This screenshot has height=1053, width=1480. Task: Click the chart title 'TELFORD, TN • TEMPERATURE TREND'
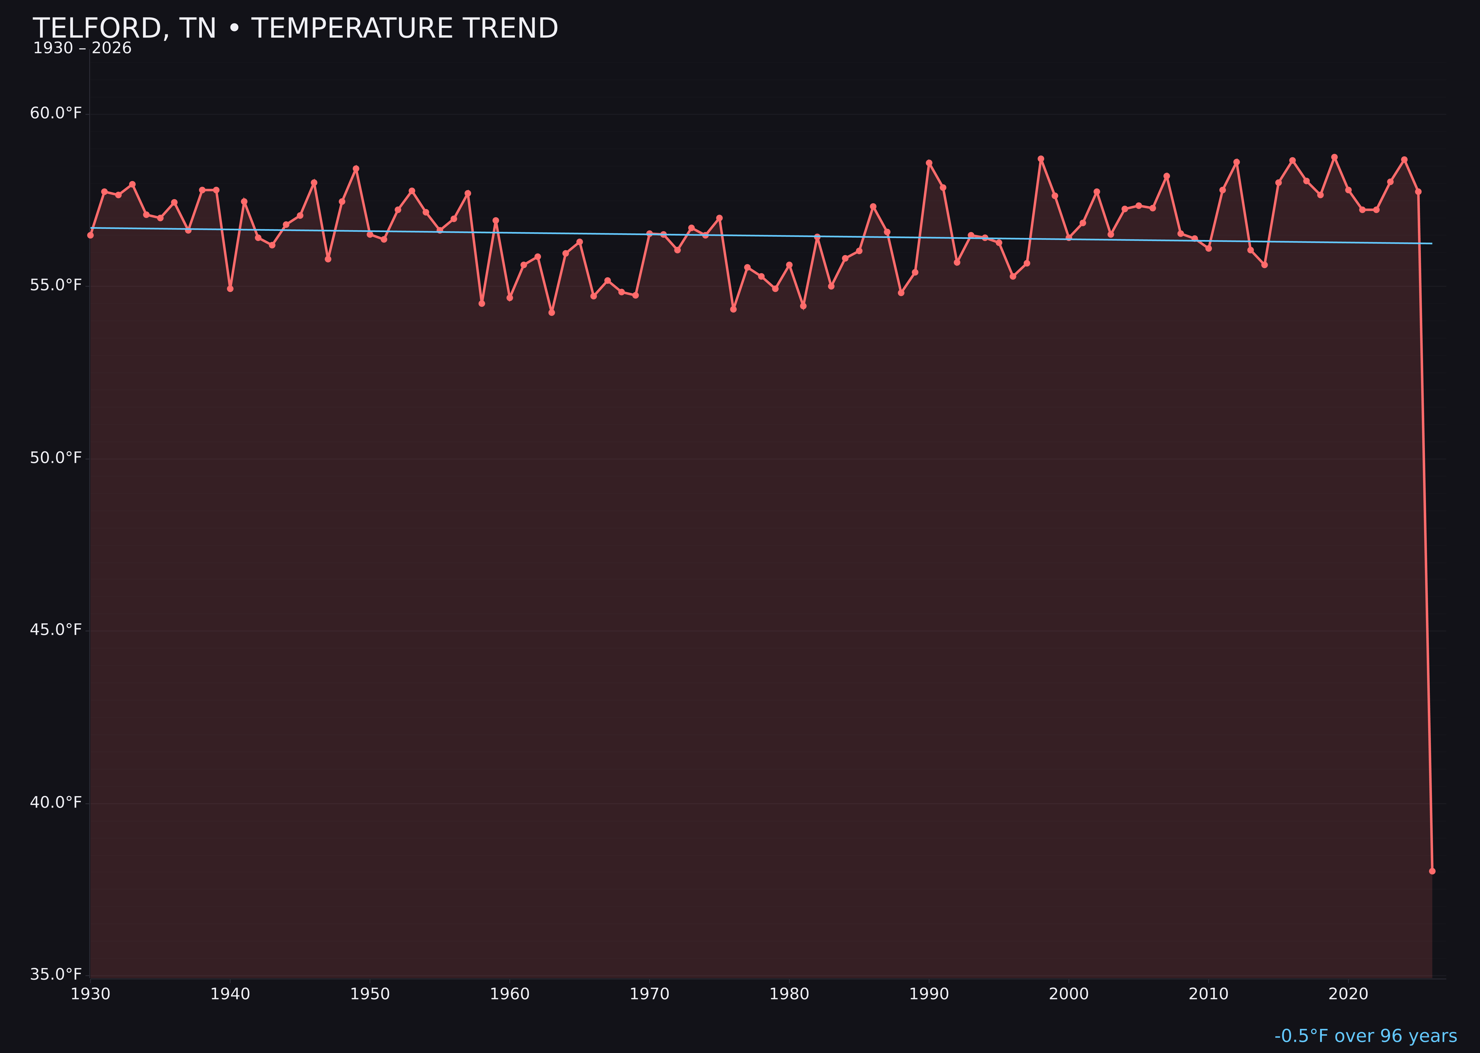click(x=295, y=29)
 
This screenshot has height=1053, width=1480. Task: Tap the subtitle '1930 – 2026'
click(x=82, y=49)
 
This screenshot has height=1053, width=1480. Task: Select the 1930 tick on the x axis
click(x=91, y=994)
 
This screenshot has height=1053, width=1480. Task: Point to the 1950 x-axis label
click(x=370, y=994)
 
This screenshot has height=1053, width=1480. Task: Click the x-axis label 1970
click(x=649, y=994)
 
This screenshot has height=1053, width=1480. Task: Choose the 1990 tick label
click(x=929, y=994)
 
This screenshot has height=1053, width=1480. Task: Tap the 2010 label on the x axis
click(x=1208, y=994)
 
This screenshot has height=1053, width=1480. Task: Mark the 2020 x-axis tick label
click(x=1348, y=994)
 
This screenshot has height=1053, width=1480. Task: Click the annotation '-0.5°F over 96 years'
click(x=1365, y=1036)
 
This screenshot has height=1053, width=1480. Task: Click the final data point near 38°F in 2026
click(x=1432, y=871)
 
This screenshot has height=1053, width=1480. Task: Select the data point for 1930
click(x=91, y=235)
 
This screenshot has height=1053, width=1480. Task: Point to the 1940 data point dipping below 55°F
click(x=230, y=288)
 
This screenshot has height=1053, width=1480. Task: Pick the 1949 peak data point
click(x=356, y=168)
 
